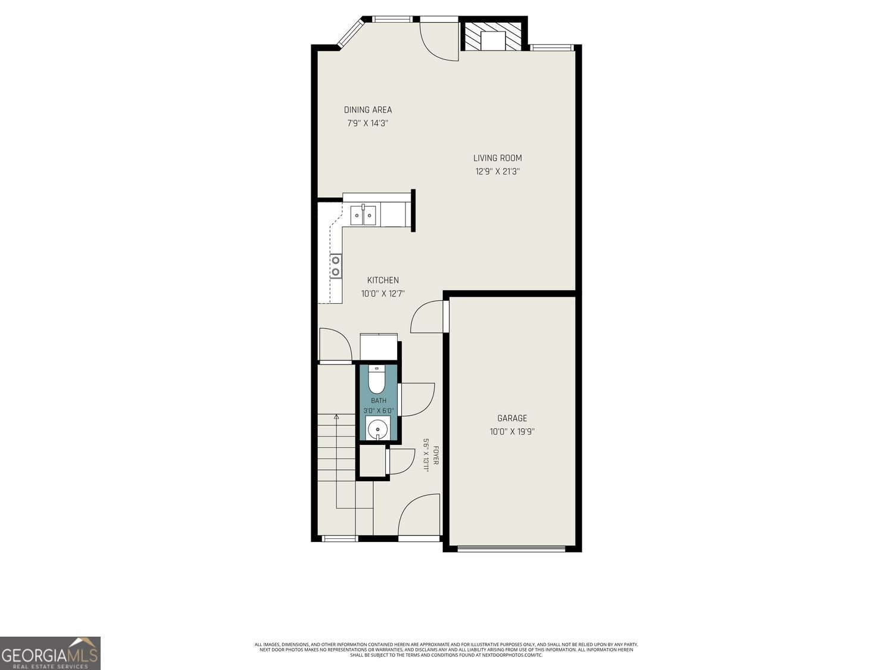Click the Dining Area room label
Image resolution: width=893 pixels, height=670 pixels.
coord(368,110)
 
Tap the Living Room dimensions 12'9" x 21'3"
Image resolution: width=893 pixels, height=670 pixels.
coord(498,172)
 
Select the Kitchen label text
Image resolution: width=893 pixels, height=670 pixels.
coord(383,281)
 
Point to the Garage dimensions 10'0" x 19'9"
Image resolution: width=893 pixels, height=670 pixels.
coord(512,432)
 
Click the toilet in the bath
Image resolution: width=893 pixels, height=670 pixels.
coord(377,379)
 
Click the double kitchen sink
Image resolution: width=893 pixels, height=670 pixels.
coord(363,215)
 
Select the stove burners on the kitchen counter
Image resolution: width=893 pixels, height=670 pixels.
coord(336,266)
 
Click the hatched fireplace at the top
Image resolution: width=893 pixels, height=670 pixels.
coord(493,36)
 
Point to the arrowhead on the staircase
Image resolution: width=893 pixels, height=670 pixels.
coord(336,416)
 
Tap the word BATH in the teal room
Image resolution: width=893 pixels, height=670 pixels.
coord(379,401)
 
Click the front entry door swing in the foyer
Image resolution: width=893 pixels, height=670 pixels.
coord(419,516)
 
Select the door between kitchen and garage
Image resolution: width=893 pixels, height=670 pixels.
coord(427,317)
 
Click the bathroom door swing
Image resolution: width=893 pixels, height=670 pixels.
coord(417,399)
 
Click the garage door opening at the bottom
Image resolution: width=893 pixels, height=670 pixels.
coord(511,549)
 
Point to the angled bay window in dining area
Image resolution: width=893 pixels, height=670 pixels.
coord(351,33)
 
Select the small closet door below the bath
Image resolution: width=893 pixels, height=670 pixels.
coord(396,462)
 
